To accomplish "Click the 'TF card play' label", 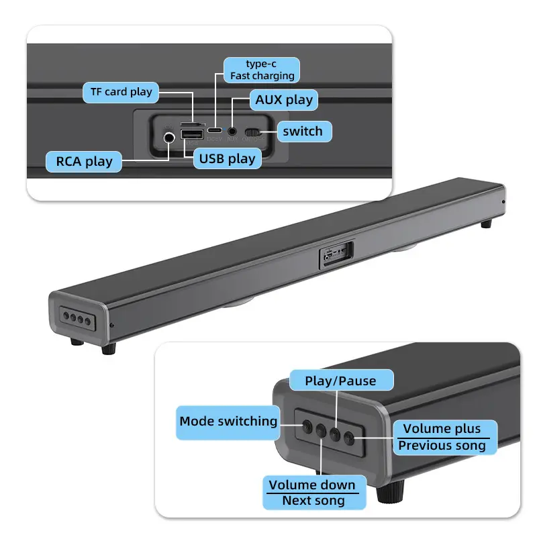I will [121, 92].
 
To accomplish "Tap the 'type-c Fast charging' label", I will [262, 70].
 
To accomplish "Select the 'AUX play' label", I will [284, 100].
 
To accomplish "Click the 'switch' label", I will [302, 131].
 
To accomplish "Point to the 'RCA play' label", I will [84, 162].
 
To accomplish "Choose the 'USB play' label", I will [227, 159].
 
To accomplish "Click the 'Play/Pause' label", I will [340, 381].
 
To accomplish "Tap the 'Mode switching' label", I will [228, 422].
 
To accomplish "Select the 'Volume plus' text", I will [442, 429].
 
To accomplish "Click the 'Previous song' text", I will [442, 446].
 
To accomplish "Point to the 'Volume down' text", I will [312, 485].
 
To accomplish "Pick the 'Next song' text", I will [313, 501].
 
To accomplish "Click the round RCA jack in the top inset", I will [168, 137].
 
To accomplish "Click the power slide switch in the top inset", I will [252, 132].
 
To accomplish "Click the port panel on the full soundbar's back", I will [334, 254].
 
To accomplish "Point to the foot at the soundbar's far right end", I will [488, 222].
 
